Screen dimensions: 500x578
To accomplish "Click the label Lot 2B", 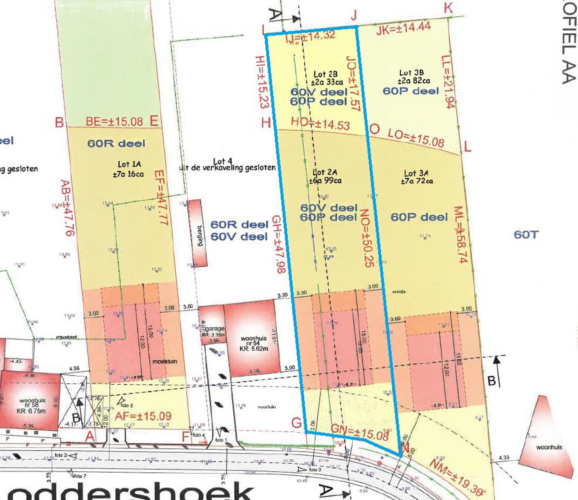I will (325, 74).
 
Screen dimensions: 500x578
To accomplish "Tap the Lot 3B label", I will (412, 73).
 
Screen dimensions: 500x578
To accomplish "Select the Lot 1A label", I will (129, 164).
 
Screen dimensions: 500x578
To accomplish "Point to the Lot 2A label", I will (325, 172).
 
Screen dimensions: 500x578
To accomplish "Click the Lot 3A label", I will (416, 173).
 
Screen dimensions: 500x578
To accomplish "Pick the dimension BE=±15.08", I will (114, 122).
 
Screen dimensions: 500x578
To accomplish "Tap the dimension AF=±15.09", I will (143, 416).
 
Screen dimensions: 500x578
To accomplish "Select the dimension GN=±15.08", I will (359, 432).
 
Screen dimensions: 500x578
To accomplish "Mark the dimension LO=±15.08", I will (416, 137).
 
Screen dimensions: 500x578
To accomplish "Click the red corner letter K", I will (449, 8).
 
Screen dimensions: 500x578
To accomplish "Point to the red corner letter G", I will (297, 423).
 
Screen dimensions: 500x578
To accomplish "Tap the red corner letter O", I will (374, 130).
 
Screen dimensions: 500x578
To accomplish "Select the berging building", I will (198, 233).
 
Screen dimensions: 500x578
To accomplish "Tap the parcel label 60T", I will (526, 235).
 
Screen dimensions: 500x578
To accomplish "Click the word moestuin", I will (165, 361).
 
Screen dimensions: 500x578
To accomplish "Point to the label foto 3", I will (315, 469).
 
